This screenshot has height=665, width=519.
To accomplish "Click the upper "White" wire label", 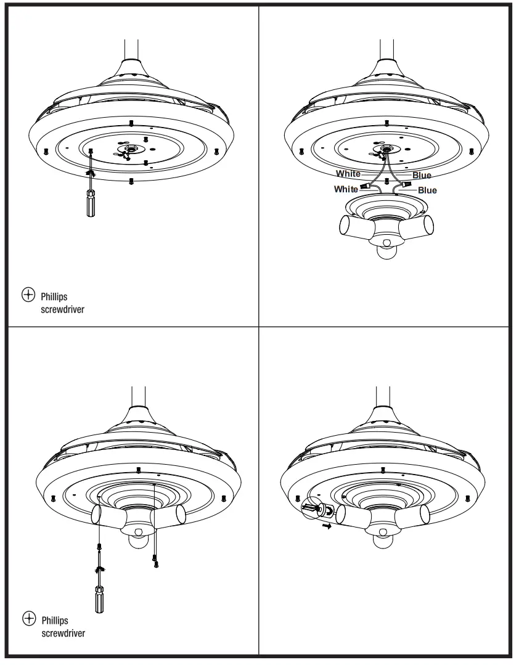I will (348, 174).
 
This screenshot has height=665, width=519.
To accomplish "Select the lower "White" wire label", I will (345, 189).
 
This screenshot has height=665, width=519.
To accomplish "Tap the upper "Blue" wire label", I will (422, 176).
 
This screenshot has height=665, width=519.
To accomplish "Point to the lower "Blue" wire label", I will (427, 190).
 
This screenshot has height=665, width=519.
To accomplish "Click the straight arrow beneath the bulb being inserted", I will (327, 527).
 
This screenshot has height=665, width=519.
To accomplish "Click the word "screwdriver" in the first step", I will (62, 310).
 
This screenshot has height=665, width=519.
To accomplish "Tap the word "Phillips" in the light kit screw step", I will (54, 620).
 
